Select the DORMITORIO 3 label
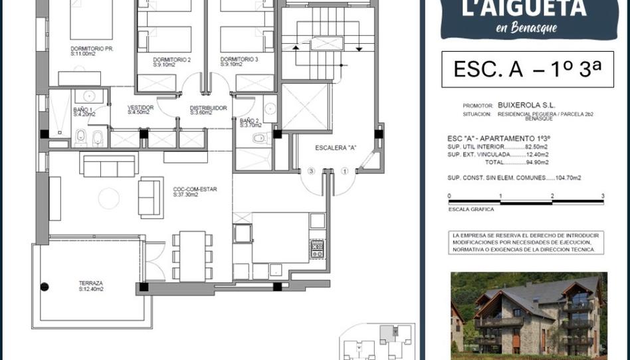239,59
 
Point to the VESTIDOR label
140,108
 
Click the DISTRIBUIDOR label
208,108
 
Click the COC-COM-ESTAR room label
195,189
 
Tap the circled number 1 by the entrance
344,171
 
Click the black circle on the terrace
45,287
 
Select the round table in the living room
108,198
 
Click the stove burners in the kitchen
317,249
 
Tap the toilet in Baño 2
259,138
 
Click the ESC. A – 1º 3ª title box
527,69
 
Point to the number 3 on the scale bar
602,196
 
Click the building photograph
528,314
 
